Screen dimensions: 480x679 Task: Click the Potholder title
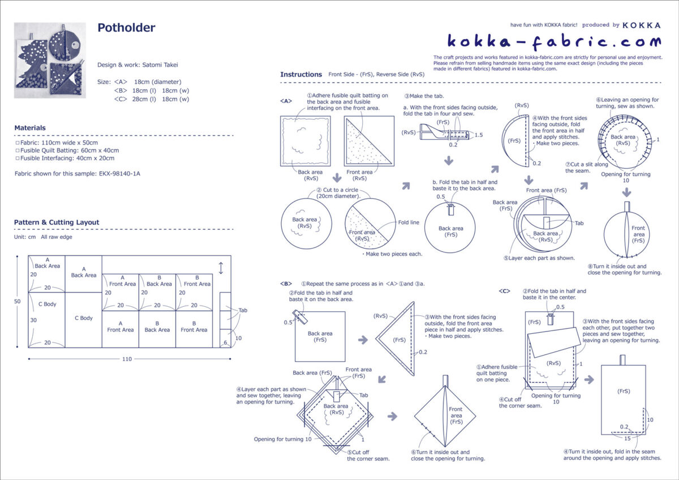[x=126, y=28]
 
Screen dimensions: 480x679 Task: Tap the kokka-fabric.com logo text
[x=554, y=41]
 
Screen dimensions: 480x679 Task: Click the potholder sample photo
[x=50, y=60]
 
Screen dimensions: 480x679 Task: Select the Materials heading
[x=30, y=128]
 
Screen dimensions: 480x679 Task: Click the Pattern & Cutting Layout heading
[x=57, y=222]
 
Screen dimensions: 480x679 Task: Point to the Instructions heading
[x=301, y=75]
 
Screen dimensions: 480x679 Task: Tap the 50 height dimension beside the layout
[x=18, y=302]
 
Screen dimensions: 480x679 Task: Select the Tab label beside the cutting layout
[x=243, y=310]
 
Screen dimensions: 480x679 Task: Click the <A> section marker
[x=286, y=101]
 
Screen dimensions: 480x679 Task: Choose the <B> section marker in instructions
[x=286, y=283]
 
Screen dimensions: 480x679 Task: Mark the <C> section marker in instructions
[x=504, y=291]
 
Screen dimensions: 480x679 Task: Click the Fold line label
[x=409, y=222]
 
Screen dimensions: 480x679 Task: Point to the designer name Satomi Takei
[x=155, y=65]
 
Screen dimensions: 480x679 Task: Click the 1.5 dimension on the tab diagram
[x=479, y=135]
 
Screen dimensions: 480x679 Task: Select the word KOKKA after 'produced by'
[x=641, y=25]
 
